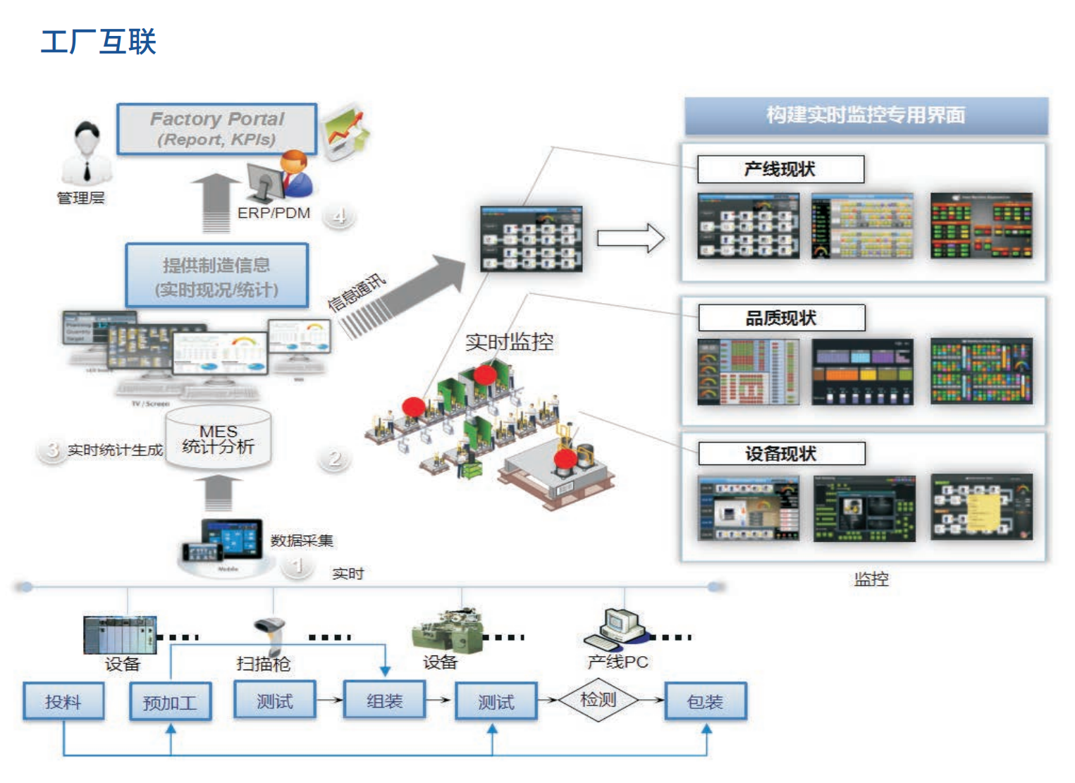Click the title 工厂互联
(x=98, y=42)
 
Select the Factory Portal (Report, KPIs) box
(x=216, y=129)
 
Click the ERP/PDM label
(x=274, y=213)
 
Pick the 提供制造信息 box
(x=216, y=276)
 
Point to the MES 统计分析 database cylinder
(x=218, y=438)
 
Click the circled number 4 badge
(x=339, y=216)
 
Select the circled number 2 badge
(x=335, y=459)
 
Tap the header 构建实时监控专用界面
(x=866, y=115)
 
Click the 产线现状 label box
(x=780, y=169)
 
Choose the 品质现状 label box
(x=780, y=318)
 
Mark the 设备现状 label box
(x=780, y=453)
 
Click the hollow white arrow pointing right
(x=630, y=238)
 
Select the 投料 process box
(x=63, y=701)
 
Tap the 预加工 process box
(x=170, y=702)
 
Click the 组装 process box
(x=384, y=701)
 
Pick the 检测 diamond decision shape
(x=598, y=700)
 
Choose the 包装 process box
(x=705, y=701)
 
